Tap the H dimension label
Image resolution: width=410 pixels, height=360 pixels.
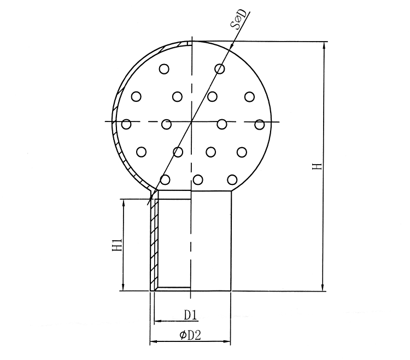tap(317, 166)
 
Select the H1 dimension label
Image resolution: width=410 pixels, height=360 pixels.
tap(118, 245)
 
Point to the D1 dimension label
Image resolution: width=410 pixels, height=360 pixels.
tap(190, 315)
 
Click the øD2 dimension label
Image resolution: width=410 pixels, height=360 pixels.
tap(190, 335)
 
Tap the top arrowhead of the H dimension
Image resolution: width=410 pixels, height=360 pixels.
tap(324, 45)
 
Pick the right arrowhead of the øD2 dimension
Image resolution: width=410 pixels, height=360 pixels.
tap(227, 341)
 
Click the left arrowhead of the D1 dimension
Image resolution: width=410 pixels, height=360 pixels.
tap(158, 321)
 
